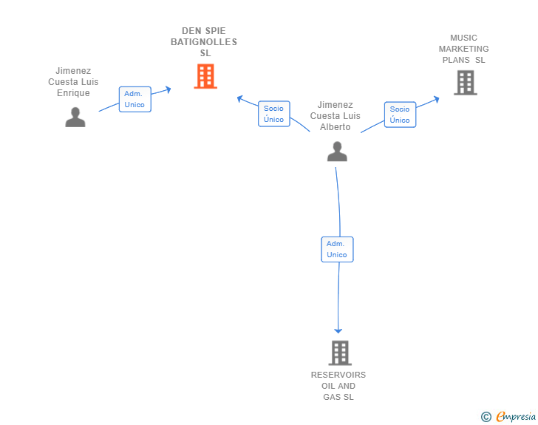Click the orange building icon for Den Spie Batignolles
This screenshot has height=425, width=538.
(205, 76)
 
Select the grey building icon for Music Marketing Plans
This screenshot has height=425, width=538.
(465, 83)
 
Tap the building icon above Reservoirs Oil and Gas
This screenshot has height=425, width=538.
(339, 353)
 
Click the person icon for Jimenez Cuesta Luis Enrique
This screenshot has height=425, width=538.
(75, 117)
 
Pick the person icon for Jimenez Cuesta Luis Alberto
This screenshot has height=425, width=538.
(337, 152)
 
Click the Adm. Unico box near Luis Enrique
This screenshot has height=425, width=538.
(134, 99)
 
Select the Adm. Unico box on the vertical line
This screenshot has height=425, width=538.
(337, 249)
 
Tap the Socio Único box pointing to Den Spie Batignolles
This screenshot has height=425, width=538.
(273, 114)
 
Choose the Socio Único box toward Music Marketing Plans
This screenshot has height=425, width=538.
(400, 115)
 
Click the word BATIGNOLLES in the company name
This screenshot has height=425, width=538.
(204, 42)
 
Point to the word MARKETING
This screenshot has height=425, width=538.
(464, 49)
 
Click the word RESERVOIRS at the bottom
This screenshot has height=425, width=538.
(338, 375)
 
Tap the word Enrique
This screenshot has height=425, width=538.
(73, 93)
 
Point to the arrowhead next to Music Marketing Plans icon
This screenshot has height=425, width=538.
(436, 98)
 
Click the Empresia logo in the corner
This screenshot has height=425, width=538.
(516, 417)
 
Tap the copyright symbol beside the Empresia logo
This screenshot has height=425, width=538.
(486, 417)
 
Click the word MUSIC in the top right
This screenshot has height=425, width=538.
(464, 38)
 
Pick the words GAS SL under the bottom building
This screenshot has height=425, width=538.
(338, 397)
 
